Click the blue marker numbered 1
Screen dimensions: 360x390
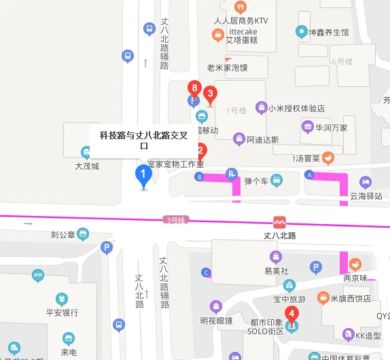point(143,176)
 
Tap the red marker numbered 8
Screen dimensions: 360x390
point(195,89)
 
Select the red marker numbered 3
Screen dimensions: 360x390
point(211,94)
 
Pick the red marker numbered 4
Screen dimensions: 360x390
point(291,314)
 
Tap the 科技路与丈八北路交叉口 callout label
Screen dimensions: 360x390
point(143,141)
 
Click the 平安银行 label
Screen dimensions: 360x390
point(62,312)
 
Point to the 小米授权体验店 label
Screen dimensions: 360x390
point(296,108)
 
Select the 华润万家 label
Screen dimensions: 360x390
point(330,127)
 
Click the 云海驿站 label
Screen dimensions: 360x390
point(366,196)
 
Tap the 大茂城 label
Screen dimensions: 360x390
point(87,166)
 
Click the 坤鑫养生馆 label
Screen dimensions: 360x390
point(329,32)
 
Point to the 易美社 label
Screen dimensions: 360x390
point(277,270)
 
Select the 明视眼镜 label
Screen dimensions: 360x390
point(216,321)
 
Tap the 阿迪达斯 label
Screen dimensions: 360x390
point(263,140)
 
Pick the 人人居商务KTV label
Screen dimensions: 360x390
point(241,20)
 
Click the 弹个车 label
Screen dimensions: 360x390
point(257,181)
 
